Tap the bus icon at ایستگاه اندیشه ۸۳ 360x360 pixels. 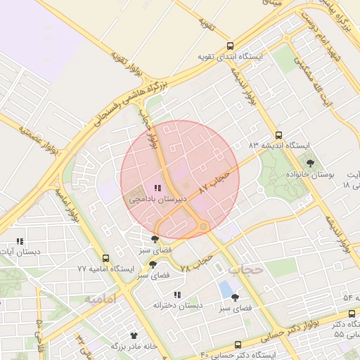click(278, 135)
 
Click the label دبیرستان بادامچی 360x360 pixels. click(157, 200)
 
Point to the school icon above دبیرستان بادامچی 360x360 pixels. click(157, 188)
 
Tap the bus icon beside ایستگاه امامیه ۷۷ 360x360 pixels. click(105, 259)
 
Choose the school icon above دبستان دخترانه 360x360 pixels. click(177, 295)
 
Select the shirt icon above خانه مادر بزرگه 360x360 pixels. click(134, 335)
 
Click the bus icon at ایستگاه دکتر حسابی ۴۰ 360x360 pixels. click(238, 345)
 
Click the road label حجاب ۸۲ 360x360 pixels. click(215, 181)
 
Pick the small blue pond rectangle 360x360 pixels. click(226, 288)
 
